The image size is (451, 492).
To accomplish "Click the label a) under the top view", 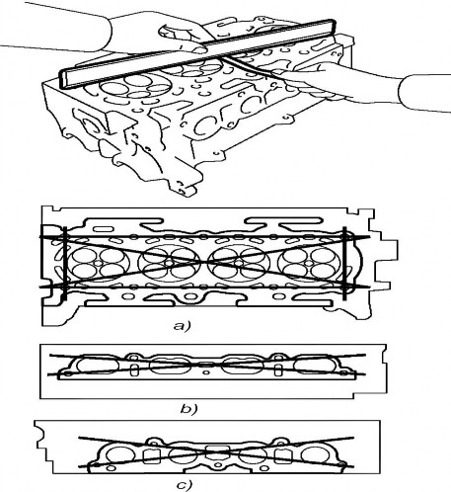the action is click(182, 326).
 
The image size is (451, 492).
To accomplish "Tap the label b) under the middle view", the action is click(188, 409).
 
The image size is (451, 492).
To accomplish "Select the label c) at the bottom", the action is click(184, 485).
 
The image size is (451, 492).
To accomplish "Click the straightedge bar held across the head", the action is click(196, 53).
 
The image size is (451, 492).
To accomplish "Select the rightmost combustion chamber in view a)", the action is click(309, 263).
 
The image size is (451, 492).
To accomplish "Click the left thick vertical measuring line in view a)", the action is click(65, 263).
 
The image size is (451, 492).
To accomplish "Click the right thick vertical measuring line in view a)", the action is click(344, 263).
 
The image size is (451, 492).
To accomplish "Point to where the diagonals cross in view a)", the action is click(204, 262).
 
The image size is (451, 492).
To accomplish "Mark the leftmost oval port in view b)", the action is click(97, 366).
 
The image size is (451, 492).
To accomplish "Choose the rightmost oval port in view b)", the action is click(315, 366).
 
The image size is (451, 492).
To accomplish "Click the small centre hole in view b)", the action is click(206, 372).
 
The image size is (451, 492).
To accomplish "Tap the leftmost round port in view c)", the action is click(120, 454).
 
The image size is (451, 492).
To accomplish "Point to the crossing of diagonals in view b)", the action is click(206, 365).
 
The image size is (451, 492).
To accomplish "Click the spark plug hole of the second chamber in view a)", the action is click(169, 264).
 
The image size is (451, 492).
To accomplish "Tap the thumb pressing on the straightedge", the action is click(196, 49).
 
